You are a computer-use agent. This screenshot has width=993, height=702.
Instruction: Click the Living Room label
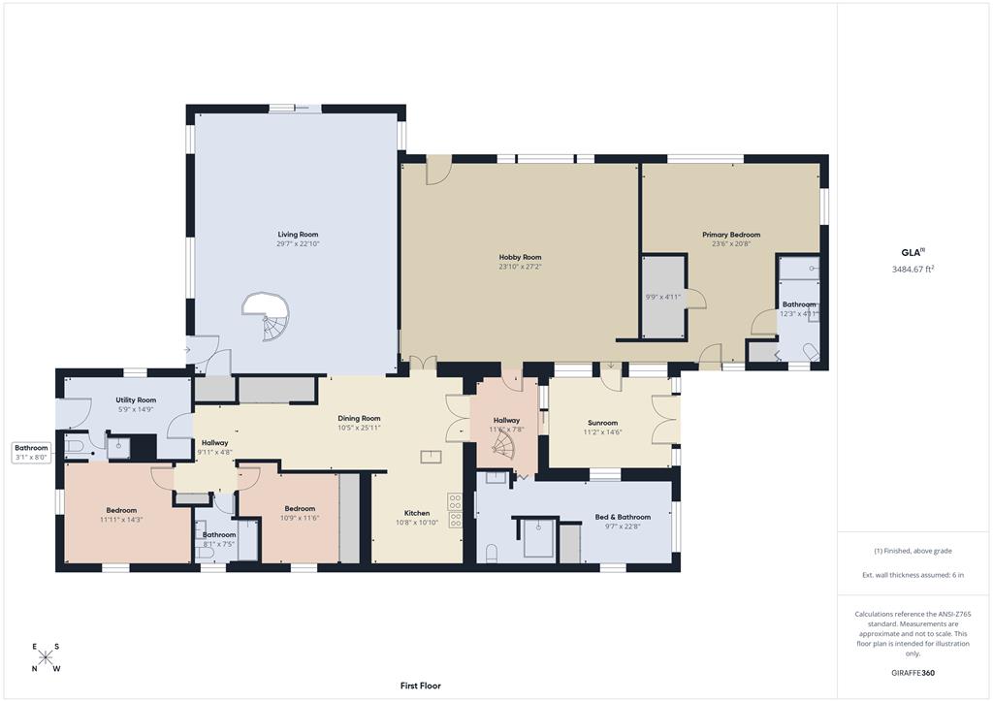click(298, 235)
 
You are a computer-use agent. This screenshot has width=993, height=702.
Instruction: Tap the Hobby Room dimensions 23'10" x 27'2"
click(520, 267)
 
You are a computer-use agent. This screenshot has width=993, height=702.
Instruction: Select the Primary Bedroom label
click(731, 235)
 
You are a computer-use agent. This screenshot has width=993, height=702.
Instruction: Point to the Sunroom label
click(602, 422)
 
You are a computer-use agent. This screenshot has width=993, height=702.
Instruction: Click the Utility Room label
click(136, 400)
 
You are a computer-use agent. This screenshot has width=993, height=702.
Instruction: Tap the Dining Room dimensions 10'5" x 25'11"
click(359, 428)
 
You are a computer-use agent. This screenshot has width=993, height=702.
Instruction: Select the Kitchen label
click(417, 513)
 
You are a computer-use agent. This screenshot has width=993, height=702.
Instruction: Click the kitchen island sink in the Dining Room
click(432, 457)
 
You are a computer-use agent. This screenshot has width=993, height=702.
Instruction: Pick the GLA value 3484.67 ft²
click(913, 269)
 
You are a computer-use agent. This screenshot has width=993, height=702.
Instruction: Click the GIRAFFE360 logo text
click(913, 673)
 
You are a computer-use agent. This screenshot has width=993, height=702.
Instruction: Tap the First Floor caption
click(421, 686)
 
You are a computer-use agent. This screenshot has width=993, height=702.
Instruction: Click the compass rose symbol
click(45, 657)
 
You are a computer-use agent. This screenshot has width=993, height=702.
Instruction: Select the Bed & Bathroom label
click(623, 517)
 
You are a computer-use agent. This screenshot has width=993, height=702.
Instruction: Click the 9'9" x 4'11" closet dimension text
click(662, 297)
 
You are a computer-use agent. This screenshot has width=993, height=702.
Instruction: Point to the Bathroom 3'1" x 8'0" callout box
click(31, 452)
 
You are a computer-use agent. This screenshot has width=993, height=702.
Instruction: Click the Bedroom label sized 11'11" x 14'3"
click(121, 510)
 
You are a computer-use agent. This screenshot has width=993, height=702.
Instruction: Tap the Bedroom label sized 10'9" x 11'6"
click(300, 508)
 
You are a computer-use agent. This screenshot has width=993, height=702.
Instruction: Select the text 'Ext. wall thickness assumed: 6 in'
click(913, 575)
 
